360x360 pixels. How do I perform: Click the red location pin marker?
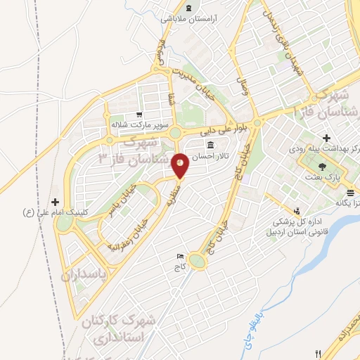pyautogui.click(x=180, y=165)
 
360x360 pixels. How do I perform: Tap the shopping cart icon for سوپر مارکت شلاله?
pyautogui.click(x=140, y=115)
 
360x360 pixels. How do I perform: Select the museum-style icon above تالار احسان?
pyautogui.click(x=200, y=145)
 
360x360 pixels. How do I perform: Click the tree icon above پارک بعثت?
pyautogui.click(x=322, y=167)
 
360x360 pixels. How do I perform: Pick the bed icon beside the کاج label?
pyautogui.click(x=180, y=256)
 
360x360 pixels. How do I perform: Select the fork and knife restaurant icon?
pyautogui.click(x=319, y=354)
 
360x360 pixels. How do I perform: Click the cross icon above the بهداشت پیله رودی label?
pyautogui.click(x=326, y=138)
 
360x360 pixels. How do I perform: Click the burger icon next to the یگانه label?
pyautogui.click(x=349, y=191)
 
